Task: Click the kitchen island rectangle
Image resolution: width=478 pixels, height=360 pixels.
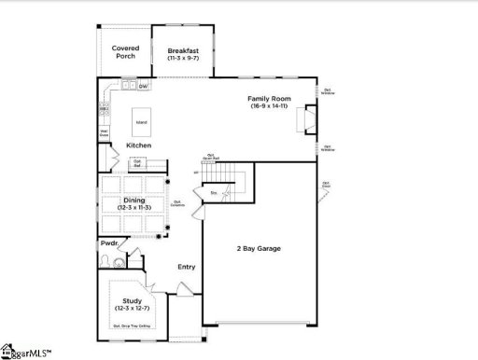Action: pos(141,122)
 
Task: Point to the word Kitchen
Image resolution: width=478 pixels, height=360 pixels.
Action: pos(139,145)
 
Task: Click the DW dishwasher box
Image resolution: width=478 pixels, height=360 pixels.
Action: pos(143,87)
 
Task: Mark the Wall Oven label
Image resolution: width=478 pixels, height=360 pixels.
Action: pos(105,132)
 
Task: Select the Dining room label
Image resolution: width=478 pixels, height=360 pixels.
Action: pos(135,200)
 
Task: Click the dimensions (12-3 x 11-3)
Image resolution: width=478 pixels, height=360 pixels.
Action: pos(135,207)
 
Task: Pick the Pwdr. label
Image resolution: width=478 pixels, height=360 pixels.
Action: pos(109,243)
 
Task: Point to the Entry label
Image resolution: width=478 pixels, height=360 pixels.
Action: pos(187,267)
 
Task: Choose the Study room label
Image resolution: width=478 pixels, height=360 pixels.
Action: pos(130,300)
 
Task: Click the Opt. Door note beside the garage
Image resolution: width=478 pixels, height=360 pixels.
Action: pos(326,185)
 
